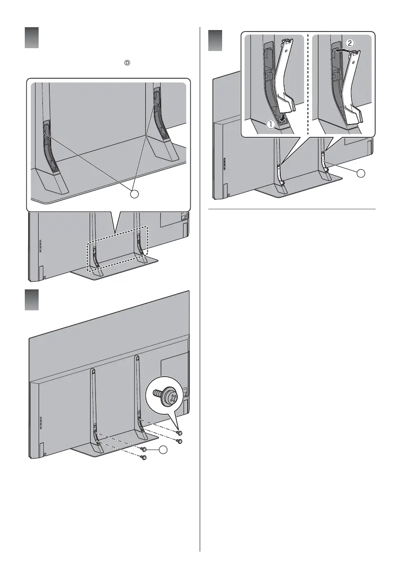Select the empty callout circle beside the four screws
coord(164,450)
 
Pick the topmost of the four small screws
coord(179,432)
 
